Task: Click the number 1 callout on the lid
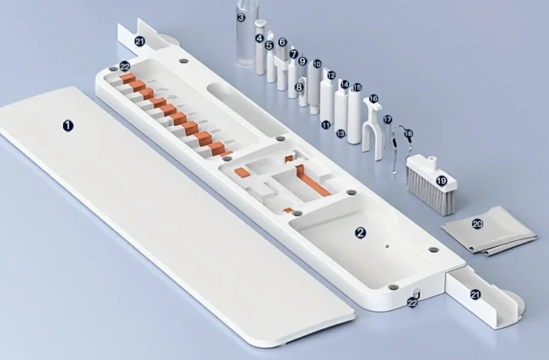68,125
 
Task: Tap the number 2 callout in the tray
361,232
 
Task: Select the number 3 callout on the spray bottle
241,17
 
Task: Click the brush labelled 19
432,185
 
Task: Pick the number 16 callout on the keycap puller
373,98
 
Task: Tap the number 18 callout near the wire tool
408,134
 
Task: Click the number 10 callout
317,64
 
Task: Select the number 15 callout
357,87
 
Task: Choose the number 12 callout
331,75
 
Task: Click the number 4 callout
259,38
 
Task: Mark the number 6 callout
282,42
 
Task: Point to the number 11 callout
326,125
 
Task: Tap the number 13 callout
341,133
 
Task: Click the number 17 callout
388,120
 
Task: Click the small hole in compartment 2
387,246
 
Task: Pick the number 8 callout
299,87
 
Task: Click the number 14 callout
344,85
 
